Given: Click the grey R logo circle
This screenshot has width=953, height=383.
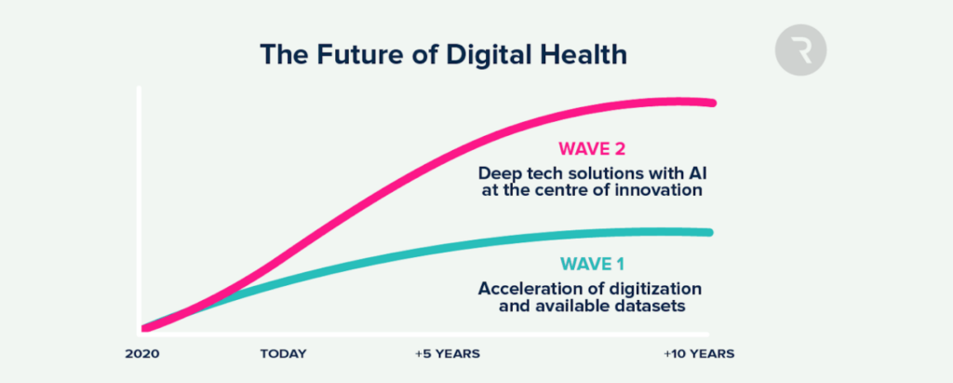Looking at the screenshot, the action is point(800,50).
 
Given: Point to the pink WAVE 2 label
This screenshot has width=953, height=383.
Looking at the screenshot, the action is point(592,148).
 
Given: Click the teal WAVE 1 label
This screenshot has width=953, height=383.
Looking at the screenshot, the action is point(591,265).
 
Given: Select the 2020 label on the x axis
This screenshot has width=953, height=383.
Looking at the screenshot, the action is point(142,354).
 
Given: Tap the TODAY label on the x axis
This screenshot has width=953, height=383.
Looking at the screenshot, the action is point(284,354).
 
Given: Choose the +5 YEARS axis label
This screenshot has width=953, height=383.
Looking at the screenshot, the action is point(448,354).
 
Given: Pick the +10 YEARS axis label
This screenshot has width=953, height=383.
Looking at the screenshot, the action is point(699,354).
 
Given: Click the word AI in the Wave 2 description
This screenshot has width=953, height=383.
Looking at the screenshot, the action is point(698,172).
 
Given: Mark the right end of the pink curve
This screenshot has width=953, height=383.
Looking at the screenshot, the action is point(712,103).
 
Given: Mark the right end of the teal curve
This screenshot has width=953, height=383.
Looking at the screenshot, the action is point(708,232).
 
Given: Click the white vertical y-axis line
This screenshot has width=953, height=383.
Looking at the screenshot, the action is point(140,210).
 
